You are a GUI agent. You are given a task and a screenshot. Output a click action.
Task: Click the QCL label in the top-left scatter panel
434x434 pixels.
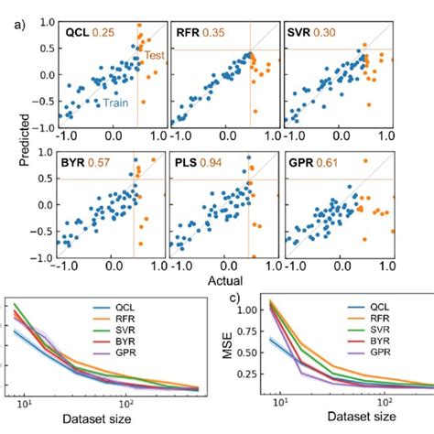pos(77,33)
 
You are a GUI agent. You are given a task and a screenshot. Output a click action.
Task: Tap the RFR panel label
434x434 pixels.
pos(190,33)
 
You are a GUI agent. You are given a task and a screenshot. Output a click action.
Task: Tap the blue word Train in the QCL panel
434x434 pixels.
pos(114,104)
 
